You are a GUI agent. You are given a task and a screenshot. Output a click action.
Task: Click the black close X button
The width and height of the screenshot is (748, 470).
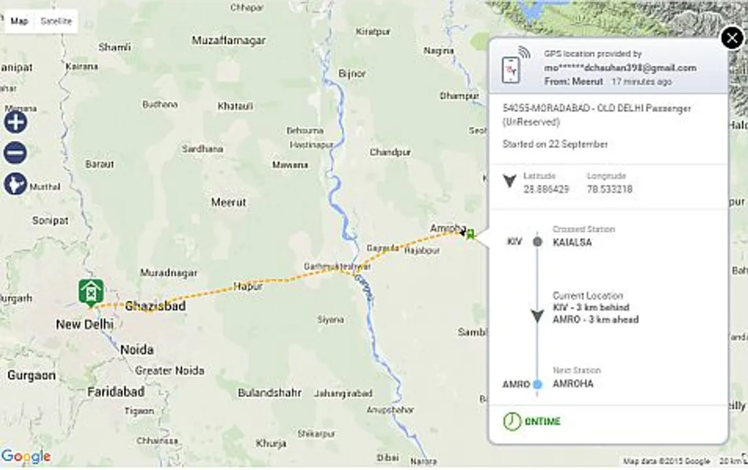coord(732,39)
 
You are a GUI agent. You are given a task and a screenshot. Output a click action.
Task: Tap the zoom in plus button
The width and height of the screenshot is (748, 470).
coord(16,122)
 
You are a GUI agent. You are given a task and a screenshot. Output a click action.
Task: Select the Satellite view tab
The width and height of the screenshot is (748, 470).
coord(56,21)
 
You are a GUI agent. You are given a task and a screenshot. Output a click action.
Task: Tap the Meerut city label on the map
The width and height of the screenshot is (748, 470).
coord(229,202)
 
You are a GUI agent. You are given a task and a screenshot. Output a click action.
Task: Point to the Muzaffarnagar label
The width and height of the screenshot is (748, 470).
coord(229,40)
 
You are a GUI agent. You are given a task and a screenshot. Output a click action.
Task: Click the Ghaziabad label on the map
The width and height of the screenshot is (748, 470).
coord(155,306)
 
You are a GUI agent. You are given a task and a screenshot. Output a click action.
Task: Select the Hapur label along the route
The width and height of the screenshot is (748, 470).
coord(248,286)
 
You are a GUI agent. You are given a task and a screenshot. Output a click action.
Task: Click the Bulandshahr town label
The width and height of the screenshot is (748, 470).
coord(269,393)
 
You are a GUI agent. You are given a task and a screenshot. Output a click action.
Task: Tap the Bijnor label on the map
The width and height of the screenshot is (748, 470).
coord(353,74)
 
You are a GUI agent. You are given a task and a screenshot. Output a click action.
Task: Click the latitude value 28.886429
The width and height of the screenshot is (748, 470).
coord(546,189)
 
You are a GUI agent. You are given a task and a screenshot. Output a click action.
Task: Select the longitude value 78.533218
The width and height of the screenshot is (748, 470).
coord(610,189)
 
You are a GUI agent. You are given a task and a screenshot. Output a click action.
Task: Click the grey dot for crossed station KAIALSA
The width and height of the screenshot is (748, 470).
coord(538,242)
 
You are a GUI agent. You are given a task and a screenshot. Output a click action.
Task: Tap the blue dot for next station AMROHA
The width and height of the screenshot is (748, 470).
coord(538,384)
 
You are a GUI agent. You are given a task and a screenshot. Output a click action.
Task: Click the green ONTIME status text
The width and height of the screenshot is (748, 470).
coord(542,422)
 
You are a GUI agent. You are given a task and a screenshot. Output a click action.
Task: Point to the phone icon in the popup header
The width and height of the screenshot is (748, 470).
coord(511,69)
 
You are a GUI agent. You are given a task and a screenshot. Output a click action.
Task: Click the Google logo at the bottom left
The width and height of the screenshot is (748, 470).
coord(26,456)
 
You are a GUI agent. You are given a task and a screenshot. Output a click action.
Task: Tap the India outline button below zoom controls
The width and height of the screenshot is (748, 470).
coord(16,183)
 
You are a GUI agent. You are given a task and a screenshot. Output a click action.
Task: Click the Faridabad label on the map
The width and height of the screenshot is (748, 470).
coord(116,392)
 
